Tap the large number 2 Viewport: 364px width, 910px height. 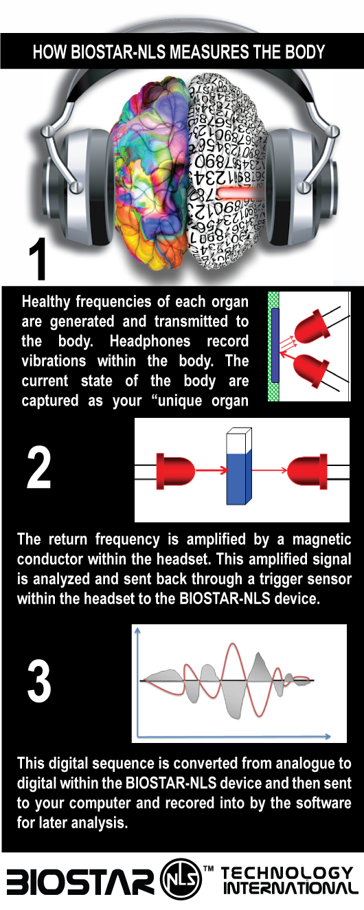click(39, 467)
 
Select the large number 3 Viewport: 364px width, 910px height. click(39, 679)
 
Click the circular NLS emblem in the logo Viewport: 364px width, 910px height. click(180, 879)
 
